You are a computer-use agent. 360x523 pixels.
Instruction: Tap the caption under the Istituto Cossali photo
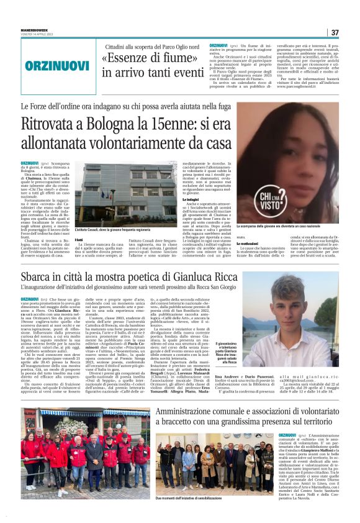point(119,230)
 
